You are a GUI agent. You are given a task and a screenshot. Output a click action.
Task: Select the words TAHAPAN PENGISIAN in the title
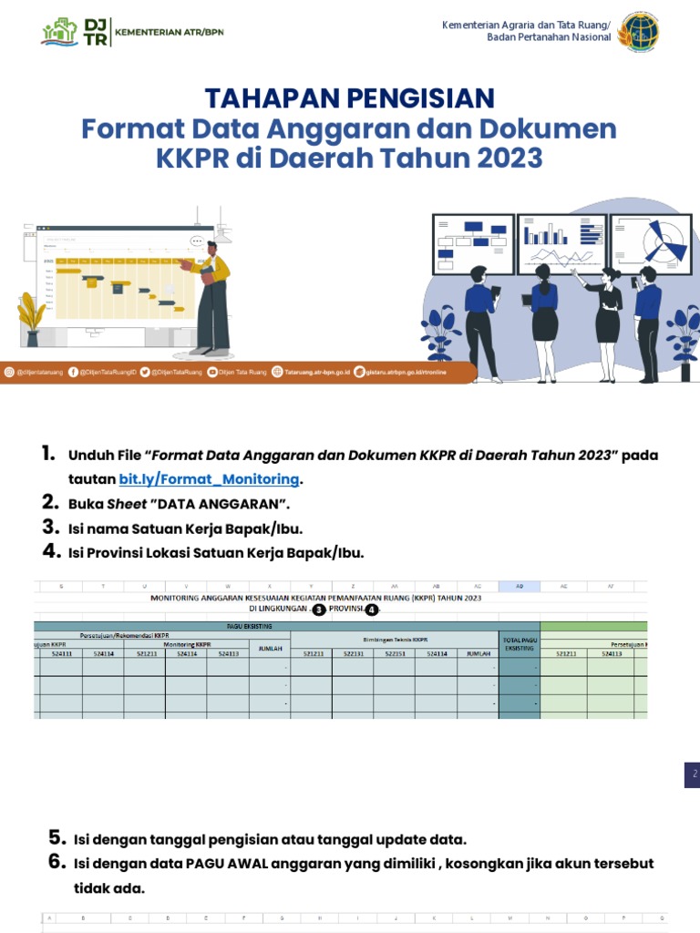350,97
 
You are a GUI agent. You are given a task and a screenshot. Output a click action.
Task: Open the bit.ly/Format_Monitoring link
209,479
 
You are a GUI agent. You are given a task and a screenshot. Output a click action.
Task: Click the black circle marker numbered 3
319,610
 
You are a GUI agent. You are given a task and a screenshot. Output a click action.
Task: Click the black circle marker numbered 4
371,610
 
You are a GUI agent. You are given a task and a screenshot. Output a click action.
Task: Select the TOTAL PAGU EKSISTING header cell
520,644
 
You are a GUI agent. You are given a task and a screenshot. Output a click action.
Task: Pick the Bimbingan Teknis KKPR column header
394,641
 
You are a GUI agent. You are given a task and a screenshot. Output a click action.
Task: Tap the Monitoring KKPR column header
185,644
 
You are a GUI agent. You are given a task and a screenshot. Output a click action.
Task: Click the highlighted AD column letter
520,587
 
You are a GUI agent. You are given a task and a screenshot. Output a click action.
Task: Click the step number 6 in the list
56,862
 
